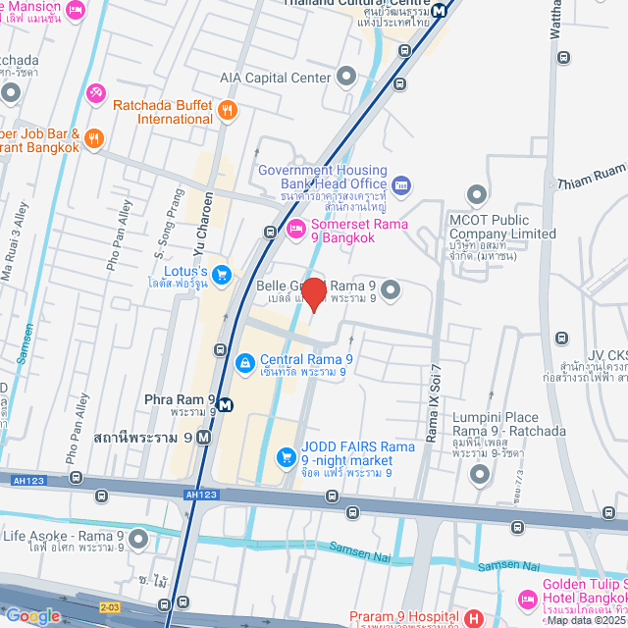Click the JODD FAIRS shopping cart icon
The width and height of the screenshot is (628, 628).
(x=286, y=455)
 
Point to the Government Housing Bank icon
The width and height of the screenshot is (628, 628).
(x=400, y=185)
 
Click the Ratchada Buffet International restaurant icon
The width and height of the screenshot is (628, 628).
(x=228, y=110)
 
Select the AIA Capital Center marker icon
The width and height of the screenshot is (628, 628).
(x=345, y=77)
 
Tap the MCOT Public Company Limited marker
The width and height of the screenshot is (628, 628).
(x=477, y=194)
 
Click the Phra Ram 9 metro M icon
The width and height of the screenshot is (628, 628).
(x=226, y=404)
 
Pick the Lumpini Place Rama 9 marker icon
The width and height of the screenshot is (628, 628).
(x=480, y=476)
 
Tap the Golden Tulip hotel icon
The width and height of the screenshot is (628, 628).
(x=527, y=598)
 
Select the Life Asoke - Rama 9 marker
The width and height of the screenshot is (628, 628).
(x=137, y=539)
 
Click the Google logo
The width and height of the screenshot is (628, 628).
(x=32, y=615)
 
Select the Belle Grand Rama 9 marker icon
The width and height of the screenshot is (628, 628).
(x=391, y=289)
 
